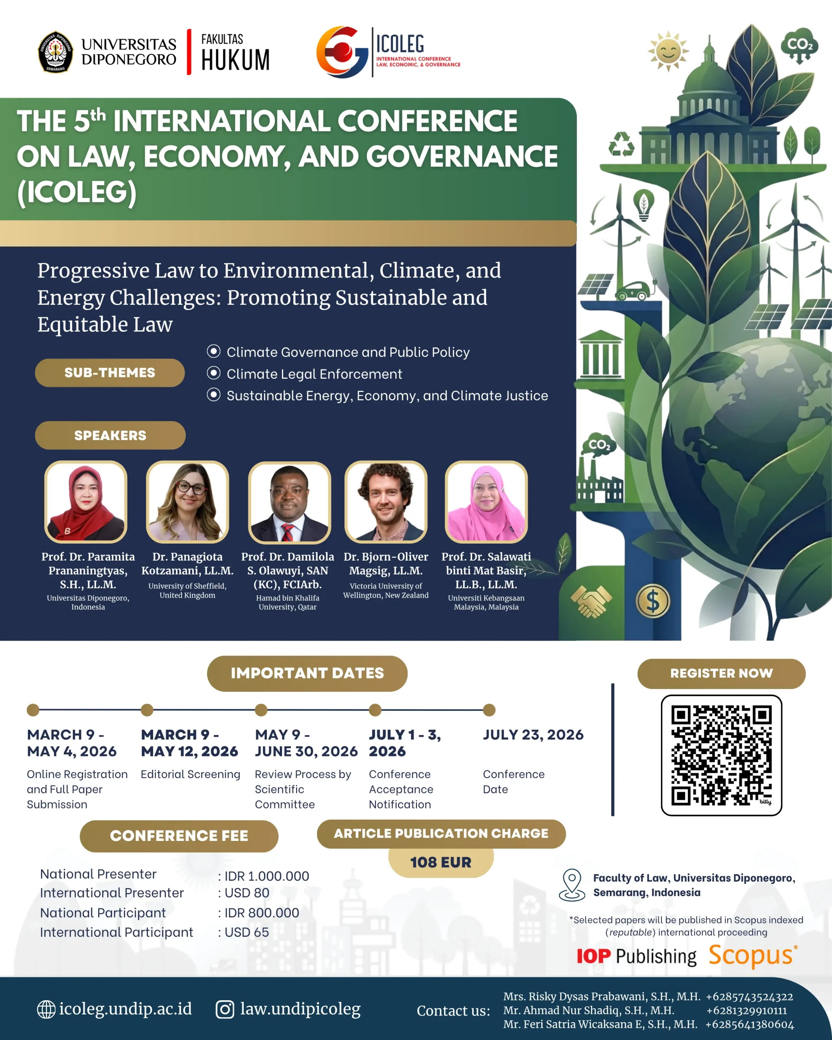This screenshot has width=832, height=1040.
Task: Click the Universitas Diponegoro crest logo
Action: (x=56, y=52)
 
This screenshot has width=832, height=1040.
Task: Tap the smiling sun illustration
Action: (x=668, y=51)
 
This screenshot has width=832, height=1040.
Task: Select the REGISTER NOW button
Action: (x=721, y=674)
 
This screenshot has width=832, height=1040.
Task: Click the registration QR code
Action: (x=721, y=755)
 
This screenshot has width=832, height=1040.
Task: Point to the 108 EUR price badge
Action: (x=440, y=862)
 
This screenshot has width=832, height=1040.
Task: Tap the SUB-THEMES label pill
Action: (x=110, y=373)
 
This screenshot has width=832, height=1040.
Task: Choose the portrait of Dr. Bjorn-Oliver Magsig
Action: (x=386, y=502)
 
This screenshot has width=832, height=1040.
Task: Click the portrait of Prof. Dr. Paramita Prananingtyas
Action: (x=86, y=502)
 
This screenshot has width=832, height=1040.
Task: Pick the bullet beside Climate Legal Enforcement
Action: (x=214, y=373)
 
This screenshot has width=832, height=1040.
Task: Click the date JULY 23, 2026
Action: (x=533, y=734)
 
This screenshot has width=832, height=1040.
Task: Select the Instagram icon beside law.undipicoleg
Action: (x=225, y=1009)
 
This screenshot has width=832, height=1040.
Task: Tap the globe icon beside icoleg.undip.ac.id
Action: (x=46, y=1009)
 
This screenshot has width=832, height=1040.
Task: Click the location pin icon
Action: (x=572, y=885)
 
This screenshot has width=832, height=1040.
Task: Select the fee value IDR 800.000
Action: (x=262, y=913)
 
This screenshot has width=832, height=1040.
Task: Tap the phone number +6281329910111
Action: (x=746, y=1010)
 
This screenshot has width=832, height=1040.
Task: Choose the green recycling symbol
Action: (x=621, y=144)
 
